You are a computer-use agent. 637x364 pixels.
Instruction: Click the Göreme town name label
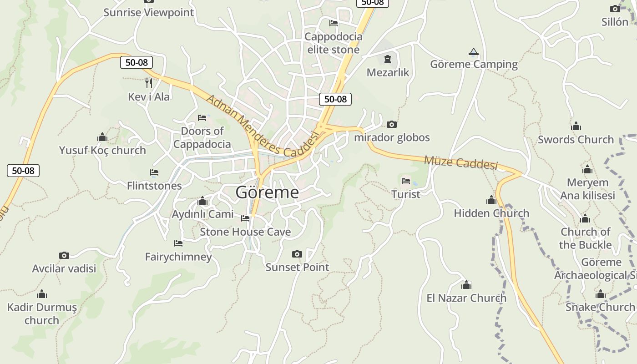pyautogui.click(x=267, y=192)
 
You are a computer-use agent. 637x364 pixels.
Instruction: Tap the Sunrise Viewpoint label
pyautogui.click(x=148, y=12)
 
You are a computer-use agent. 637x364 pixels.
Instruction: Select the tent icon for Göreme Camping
pyautogui.click(x=474, y=52)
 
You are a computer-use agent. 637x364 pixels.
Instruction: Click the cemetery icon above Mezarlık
pyautogui.click(x=388, y=59)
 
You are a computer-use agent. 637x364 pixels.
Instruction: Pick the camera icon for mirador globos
pyautogui.click(x=391, y=124)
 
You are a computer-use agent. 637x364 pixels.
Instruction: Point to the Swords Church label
pyautogui.click(x=576, y=140)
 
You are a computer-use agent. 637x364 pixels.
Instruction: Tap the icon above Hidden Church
pyautogui.click(x=491, y=200)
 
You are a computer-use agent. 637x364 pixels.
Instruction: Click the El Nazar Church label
pyautogui.click(x=466, y=298)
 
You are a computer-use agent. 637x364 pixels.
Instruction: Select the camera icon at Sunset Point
pyautogui.click(x=297, y=254)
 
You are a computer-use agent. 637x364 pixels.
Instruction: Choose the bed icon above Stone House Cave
pyautogui.click(x=245, y=218)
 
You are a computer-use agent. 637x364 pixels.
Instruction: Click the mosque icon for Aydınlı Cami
pyautogui.click(x=203, y=201)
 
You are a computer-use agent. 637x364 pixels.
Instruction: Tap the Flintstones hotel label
pyautogui.click(x=154, y=186)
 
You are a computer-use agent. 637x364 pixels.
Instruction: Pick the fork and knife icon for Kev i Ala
pyautogui.click(x=149, y=83)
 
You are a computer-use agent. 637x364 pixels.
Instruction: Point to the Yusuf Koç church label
pyautogui.click(x=102, y=150)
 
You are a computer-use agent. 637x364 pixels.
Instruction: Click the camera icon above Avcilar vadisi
pyautogui.click(x=64, y=255)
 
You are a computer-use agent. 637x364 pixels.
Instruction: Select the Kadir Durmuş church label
pyautogui.click(x=42, y=313)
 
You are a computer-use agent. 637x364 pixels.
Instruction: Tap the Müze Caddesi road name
pyautogui.click(x=460, y=162)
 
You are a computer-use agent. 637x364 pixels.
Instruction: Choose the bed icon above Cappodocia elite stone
pyautogui.click(x=334, y=23)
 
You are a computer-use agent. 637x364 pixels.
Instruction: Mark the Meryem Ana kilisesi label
pyautogui.click(x=587, y=189)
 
